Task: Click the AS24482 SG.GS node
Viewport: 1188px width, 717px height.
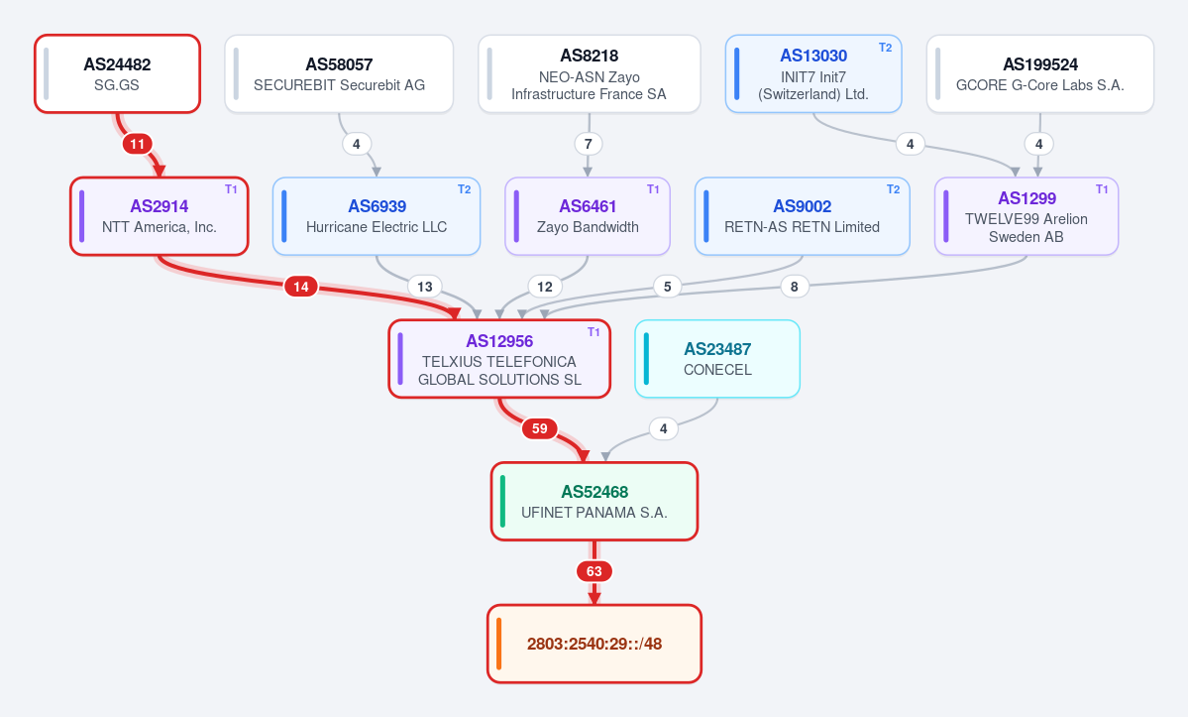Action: [x=118, y=74]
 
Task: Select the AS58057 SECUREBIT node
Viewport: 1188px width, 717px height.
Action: [x=339, y=74]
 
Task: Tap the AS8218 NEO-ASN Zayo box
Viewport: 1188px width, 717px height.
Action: [x=589, y=74]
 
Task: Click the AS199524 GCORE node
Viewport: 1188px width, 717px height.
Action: [x=1039, y=74]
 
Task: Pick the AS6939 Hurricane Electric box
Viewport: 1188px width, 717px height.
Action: [x=377, y=216]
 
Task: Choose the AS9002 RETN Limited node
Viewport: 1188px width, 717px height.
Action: [x=802, y=216]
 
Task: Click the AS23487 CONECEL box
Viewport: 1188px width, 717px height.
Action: [x=717, y=359]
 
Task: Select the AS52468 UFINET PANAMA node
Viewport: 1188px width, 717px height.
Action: [x=594, y=501]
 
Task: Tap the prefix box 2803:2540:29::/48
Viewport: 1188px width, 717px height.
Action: [x=594, y=644]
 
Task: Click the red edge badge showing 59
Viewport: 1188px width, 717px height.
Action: [x=539, y=429]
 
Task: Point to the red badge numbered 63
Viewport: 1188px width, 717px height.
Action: [x=594, y=571]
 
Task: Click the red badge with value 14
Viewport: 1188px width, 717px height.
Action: [x=301, y=287]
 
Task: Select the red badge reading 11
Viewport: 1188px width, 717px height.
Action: [x=137, y=144]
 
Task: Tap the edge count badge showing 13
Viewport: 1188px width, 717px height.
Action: [x=425, y=287]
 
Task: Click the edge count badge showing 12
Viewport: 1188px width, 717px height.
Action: [x=545, y=287]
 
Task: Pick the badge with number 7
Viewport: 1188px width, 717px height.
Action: [x=588, y=144]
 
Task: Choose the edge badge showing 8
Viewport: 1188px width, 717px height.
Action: [x=794, y=287]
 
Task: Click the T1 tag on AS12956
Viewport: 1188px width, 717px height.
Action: [x=594, y=332]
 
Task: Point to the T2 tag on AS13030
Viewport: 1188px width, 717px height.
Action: [x=885, y=47]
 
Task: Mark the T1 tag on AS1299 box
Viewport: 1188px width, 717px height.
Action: [x=1103, y=189]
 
